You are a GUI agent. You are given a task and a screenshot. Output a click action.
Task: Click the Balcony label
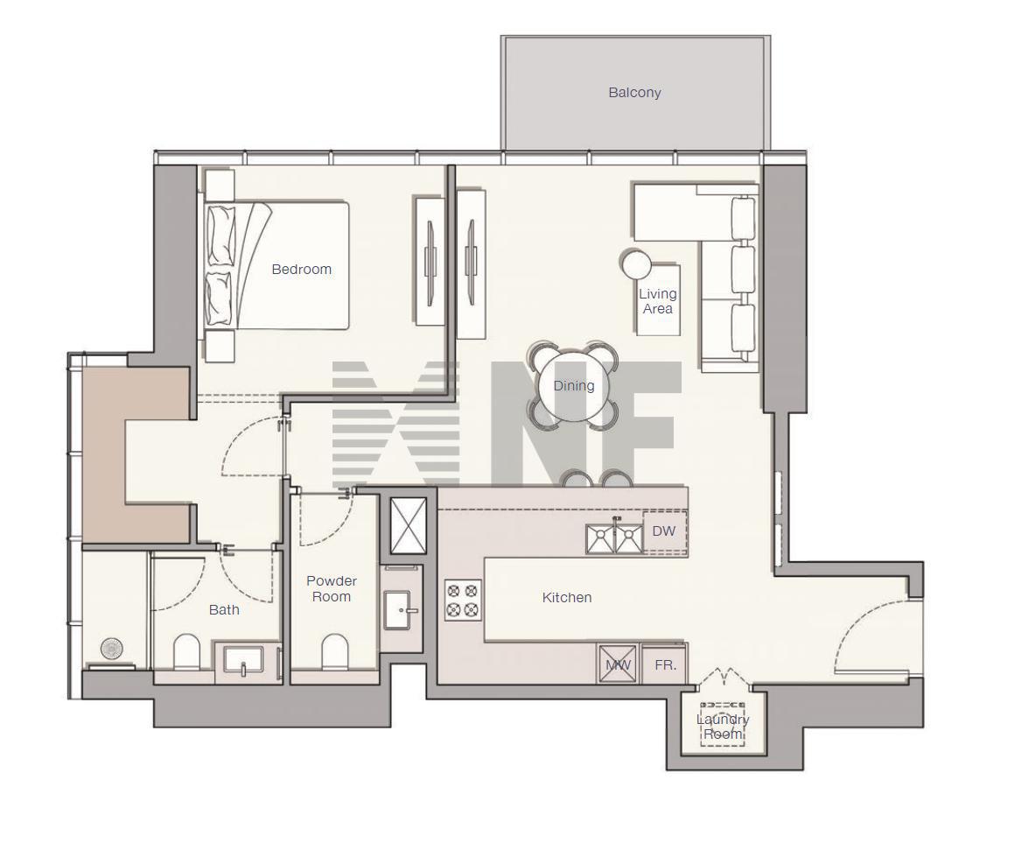[x=634, y=93]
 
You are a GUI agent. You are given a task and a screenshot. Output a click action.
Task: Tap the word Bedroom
[x=302, y=270]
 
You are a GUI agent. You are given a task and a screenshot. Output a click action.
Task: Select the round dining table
[x=573, y=386]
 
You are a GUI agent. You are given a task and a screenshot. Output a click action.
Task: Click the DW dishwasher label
[x=663, y=530]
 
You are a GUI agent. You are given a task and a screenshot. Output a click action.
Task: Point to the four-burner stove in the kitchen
[x=463, y=601]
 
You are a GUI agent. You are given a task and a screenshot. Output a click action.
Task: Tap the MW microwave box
[x=619, y=664]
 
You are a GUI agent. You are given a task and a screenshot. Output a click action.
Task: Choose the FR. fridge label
[x=666, y=664]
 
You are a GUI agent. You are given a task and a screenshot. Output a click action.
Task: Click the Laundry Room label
[x=723, y=727]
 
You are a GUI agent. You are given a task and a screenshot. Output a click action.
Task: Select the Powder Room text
[x=332, y=589]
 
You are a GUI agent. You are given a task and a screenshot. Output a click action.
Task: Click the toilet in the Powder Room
[x=334, y=652]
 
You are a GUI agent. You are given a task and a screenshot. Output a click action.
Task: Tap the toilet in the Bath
[x=187, y=652]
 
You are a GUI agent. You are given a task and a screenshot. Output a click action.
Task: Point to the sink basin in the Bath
[x=243, y=661]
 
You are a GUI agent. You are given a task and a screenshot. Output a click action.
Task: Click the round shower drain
[x=111, y=649]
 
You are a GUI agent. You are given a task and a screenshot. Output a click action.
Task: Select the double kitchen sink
[x=614, y=538]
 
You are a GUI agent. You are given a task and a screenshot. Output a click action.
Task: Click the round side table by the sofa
[x=636, y=264]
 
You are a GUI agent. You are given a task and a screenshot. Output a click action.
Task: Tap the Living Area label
[x=658, y=302]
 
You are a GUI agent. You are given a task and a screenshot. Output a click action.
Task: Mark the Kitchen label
[x=567, y=598]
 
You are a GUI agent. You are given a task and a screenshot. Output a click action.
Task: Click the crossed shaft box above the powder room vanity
[x=409, y=525]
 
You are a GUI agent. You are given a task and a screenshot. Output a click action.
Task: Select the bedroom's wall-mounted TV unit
[x=429, y=260]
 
